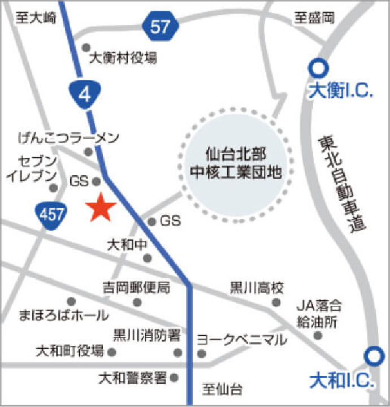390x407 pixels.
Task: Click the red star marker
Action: point(101,207)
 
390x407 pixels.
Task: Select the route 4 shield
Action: point(85,94)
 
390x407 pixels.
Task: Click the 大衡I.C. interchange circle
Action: point(317,69)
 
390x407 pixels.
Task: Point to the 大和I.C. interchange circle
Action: point(372,356)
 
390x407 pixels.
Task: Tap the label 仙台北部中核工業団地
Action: point(235,162)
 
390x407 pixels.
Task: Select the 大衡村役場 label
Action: point(123,58)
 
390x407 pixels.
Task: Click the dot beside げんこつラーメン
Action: point(88,152)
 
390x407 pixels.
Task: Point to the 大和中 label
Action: point(127,245)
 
